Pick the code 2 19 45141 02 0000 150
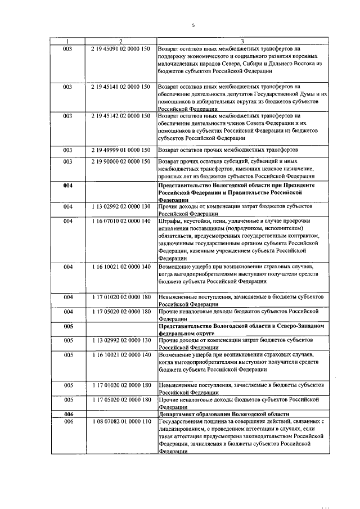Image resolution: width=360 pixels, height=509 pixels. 120,87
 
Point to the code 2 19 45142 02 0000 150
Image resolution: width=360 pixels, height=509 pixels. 120,116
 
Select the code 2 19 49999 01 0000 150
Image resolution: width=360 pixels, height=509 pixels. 120,150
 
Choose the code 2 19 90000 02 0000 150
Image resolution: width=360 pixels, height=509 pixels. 120,161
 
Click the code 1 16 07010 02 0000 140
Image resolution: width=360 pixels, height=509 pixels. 120,221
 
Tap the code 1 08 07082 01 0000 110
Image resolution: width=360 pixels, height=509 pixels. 120,421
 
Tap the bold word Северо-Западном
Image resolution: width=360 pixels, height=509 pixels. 295,326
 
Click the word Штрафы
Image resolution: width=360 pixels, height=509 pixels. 171,221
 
